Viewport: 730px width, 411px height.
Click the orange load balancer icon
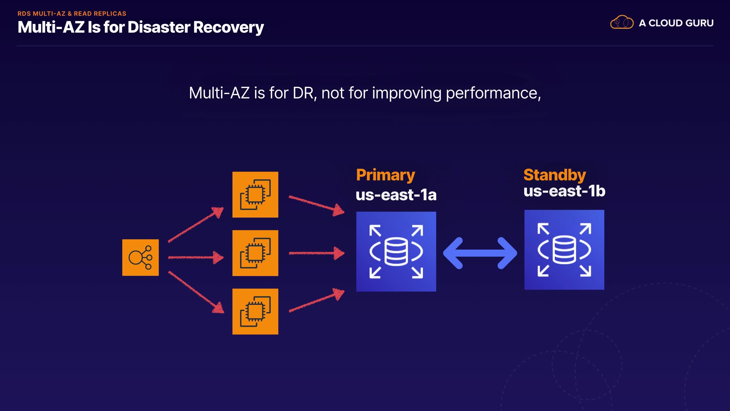pyautogui.click(x=140, y=258)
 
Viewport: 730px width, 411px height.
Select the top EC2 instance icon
pyautogui.click(x=255, y=195)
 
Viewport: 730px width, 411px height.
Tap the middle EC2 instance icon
pyautogui.click(x=255, y=253)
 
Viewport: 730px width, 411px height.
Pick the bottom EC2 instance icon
pyautogui.click(x=255, y=312)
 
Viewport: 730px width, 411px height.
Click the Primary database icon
pyautogui.click(x=396, y=252)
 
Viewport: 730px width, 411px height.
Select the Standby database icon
pyautogui.click(x=564, y=250)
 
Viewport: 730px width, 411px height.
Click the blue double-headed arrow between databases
pyautogui.click(x=480, y=253)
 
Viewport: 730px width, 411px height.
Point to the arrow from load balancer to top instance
pyautogui.click(x=195, y=225)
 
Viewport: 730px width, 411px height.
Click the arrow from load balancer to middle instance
pyautogui.click(x=195, y=258)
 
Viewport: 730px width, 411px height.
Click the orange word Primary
pyautogui.click(x=385, y=175)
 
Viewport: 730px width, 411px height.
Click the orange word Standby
pyautogui.click(x=554, y=175)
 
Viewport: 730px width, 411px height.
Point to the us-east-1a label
pyautogui.click(x=396, y=195)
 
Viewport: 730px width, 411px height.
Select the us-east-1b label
pyautogui.click(x=564, y=191)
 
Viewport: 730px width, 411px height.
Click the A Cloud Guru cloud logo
pyautogui.click(x=622, y=22)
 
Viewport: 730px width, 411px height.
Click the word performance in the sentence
pyautogui.click(x=493, y=93)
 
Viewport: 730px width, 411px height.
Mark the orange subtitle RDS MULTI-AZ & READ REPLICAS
pyautogui.click(x=72, y=13)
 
